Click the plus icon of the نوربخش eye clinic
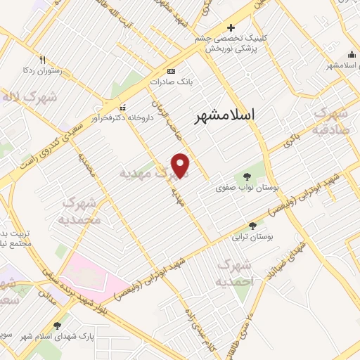pos(231,27)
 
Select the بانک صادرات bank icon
pos(170,72)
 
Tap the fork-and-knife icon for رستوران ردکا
pos(42,60)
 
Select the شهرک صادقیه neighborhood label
pos(331,120)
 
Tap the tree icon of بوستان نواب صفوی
pos(247,176)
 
